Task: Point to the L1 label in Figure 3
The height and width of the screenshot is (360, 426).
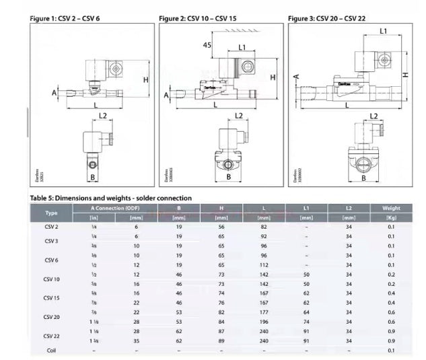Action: [x=383, y=31]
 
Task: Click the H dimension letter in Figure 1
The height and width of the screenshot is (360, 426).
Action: [x=145, y=79]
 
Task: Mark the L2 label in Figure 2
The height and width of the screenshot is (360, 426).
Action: [x=239, y=116]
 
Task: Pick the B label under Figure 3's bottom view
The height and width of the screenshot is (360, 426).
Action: [x=363, y=178]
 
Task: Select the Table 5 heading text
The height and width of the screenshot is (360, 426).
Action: [x=111, y=198]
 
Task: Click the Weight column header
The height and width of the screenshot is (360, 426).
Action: [x=391, y=208]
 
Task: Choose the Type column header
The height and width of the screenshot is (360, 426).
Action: [x=51, y=213]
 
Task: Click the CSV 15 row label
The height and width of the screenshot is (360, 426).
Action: [x=51, y=297]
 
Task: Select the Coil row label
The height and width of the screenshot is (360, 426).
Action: [x=51, y=350]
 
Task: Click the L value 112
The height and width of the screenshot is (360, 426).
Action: [x=264, y=265]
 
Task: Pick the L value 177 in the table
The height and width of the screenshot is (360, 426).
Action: [x=264, y=312]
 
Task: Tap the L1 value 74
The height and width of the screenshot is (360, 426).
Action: [x=306, y=322]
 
